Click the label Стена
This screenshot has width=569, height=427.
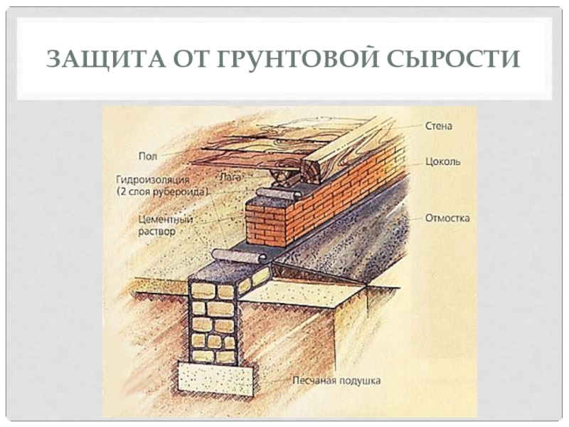pos(439,126)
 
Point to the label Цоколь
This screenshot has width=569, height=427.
pos(442,162)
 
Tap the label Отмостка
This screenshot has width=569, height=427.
pos(447,218)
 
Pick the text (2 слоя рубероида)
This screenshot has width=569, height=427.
pos(163,192)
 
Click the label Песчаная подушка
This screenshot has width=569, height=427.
pos(336,381)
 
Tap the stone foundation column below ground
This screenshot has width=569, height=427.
pos(213,320)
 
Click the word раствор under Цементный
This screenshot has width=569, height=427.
pos(157,232)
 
